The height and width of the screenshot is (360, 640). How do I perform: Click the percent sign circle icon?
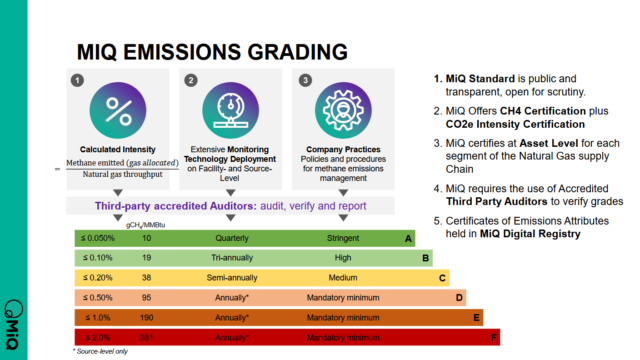[x=118, y=107]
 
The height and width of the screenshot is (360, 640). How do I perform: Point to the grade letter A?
[x=408, y=239]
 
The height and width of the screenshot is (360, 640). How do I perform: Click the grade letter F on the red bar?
[x=491, y=336]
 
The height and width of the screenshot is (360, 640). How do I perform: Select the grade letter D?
[x=459, y=297]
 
